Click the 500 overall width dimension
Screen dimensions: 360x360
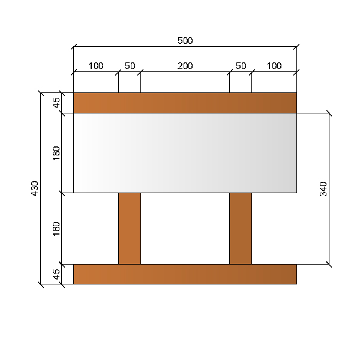(185, 41)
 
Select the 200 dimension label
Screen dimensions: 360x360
(185, 66)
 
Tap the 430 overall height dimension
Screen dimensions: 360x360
(35, 188)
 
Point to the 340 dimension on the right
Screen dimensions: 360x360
(323, 189)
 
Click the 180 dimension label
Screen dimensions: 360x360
(56, 153)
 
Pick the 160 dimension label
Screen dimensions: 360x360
(56, 229)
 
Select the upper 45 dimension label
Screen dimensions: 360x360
(56, 103)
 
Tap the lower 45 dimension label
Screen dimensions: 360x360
(56, 274)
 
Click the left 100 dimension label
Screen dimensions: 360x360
(96, 66)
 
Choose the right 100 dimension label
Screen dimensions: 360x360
(274, 66)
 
